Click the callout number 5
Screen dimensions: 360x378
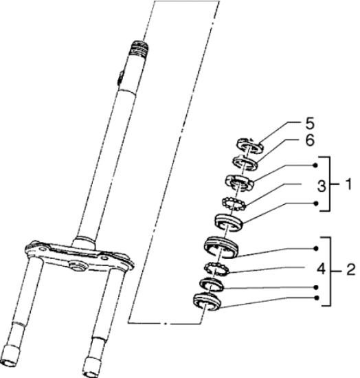310,124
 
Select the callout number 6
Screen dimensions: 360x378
310,140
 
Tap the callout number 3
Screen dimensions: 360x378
322,186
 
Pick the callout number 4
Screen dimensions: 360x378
321,269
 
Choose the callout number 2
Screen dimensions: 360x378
350,269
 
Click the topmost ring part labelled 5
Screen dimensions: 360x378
249,146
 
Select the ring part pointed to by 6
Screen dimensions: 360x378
245,163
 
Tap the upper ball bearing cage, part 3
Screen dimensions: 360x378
234,203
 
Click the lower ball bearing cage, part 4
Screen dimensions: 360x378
217,269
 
